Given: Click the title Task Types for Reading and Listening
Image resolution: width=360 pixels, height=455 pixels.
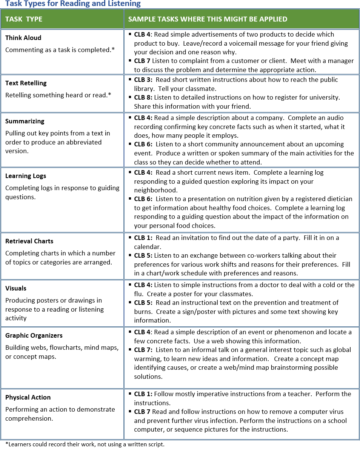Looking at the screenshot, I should pyautogui.click(x=73, y=4).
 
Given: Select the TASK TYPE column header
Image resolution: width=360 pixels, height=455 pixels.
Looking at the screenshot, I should pyautogui.click(x=24, y=19).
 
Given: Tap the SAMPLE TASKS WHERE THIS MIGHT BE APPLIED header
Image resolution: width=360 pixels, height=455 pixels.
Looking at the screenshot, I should pyautogui.click(x=208, y=19).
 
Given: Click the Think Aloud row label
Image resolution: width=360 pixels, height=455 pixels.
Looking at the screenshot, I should pyautogui.click(x=23, y=38).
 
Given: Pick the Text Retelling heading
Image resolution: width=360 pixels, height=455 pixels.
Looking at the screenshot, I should pyautogui.click(x=26, y=83).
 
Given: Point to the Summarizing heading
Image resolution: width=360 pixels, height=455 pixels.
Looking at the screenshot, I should pyautogui.click(x=25, y=121).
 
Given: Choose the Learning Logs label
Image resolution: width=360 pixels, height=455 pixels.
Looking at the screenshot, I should pyautogui.click(x=26, y=176).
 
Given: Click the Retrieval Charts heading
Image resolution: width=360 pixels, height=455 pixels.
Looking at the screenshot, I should pyautogui.click(x=29, y=241).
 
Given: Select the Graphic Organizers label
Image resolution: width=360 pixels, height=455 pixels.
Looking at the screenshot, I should pyautogui.click(x=34, y=335).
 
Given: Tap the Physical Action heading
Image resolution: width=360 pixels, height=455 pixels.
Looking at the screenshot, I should pyautogui.click(x=28, y=397).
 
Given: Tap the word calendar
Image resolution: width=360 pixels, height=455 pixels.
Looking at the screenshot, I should pyautogui.click(x=148, y=246).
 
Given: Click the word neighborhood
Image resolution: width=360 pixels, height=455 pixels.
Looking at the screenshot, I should pyautogui.click(x=155, y=190).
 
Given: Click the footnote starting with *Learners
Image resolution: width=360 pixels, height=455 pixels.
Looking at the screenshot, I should pyautogui.click(x=85, y=444).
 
